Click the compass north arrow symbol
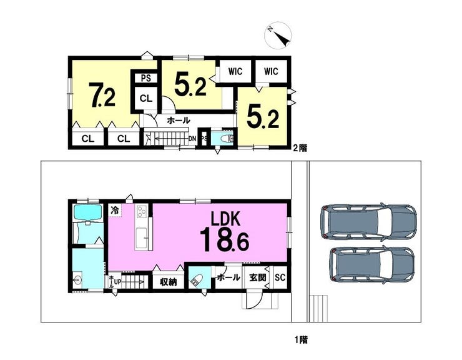point(278,35)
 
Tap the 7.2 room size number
point(102,95)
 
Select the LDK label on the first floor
point(226,218)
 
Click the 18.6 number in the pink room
point(225,239)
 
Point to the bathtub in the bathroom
point(88,212)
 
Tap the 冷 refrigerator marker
point(114,211)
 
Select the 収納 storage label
point(168,282)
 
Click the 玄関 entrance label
point(258,277)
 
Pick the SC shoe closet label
point(280,277)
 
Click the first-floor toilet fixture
point(197,281)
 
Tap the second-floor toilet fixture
point(228,138)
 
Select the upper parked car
point(368,221)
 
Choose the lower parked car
point(372,265)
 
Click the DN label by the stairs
point(192,139)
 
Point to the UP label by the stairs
point(117,282)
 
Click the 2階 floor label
point(300,148)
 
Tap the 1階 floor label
point(301,340)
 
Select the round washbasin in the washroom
point(77,280)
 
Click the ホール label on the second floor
point(179,121)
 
